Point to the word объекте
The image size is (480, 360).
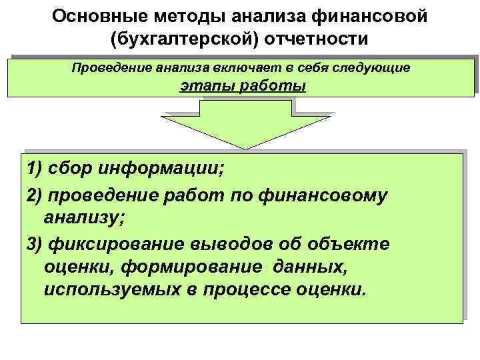(x=358, y=245)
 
